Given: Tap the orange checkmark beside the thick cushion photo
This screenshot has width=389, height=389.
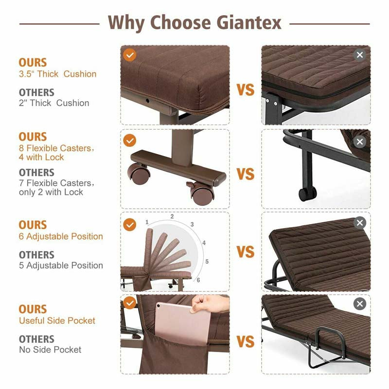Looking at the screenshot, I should [x=129, y=54].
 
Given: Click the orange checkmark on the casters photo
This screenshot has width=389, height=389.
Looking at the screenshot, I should [x=129, y=141].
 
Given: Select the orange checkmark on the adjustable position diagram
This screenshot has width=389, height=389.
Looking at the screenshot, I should [x=129, y=225].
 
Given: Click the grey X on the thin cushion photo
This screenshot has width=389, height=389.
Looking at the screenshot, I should [x=360, y=55].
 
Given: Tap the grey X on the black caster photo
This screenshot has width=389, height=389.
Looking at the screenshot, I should [x=360, y=142].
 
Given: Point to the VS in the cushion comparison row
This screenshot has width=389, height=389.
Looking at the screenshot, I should [x=246, y=90].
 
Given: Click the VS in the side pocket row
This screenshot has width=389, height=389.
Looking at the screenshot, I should [x=246, y=342].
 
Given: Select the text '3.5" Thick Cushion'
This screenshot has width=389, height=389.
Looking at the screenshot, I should [x=57, y=74].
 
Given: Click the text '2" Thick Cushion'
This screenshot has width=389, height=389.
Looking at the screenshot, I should [x=54, y=103].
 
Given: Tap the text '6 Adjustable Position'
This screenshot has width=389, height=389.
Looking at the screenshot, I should [x=61, y=236].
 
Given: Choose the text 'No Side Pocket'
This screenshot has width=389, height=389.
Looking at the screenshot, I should [x=50, y=350].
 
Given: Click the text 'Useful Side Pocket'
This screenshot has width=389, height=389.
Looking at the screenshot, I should [x=57, y=320].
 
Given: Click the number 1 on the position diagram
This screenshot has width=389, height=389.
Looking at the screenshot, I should [x=147, y=222].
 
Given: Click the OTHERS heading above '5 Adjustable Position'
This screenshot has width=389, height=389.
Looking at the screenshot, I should [x=36, y=255].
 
